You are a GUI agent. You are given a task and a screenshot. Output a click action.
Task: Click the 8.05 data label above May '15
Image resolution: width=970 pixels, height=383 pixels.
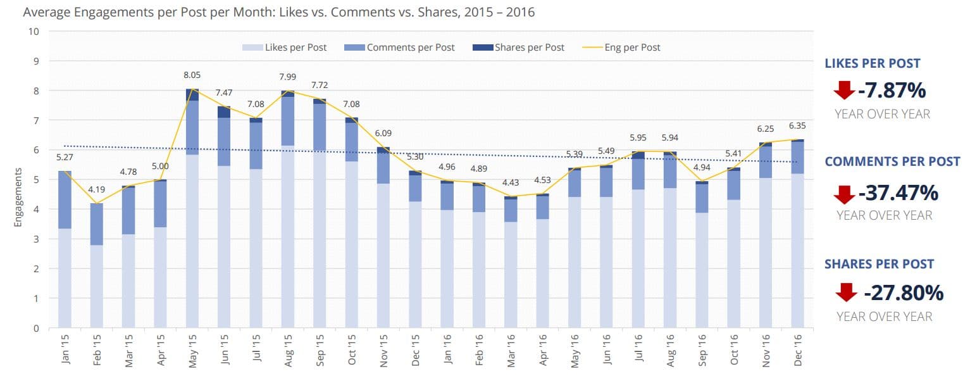coord(192,75)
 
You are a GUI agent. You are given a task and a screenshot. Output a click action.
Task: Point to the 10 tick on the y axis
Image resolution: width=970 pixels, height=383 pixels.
coord(34,32)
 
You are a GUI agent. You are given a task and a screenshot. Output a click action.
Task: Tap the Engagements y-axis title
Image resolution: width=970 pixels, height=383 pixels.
coord(18,197)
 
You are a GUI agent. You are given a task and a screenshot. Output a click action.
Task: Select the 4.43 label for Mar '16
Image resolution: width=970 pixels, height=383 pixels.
coord(510,183)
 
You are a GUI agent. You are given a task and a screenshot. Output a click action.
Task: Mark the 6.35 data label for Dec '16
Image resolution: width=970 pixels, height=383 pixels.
coord(798,126)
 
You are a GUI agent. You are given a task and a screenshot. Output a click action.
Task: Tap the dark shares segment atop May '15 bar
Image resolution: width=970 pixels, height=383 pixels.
coord(192,94)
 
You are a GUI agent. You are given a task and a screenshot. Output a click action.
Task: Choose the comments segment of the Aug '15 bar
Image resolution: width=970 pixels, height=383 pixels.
coord(287,121)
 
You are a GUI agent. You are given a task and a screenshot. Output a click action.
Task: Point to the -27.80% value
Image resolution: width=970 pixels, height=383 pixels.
coord(903,293)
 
